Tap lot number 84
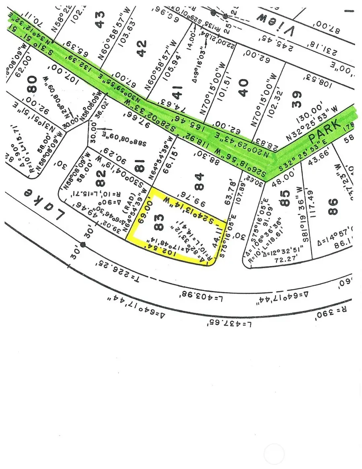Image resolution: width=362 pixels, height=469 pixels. click(x=200, y=177)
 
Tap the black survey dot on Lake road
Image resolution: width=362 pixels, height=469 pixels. click(x=83, y=244)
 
